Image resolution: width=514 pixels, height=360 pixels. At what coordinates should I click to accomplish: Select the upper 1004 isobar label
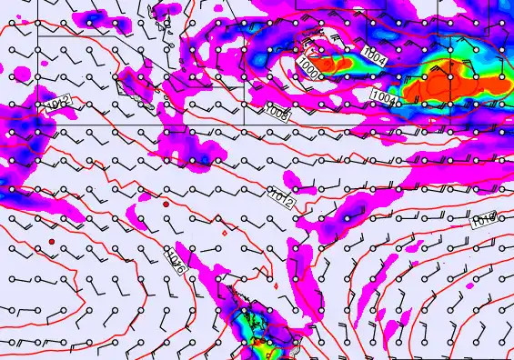coord(373,55)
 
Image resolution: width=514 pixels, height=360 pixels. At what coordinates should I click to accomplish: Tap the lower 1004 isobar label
coord(382,96)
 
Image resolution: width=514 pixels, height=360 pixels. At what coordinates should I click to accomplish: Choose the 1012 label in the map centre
coord(281,194)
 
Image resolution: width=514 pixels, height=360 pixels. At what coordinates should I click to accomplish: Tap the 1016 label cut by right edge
coord(484,219)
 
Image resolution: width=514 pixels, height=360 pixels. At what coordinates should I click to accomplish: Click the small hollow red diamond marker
coord(224,234)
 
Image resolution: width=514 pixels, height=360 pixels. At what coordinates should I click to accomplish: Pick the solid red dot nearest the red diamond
coord(166,205)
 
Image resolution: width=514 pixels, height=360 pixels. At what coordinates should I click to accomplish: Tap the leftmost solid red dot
coord(53,241)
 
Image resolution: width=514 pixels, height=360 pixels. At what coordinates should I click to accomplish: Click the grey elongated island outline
coord(162,36)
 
